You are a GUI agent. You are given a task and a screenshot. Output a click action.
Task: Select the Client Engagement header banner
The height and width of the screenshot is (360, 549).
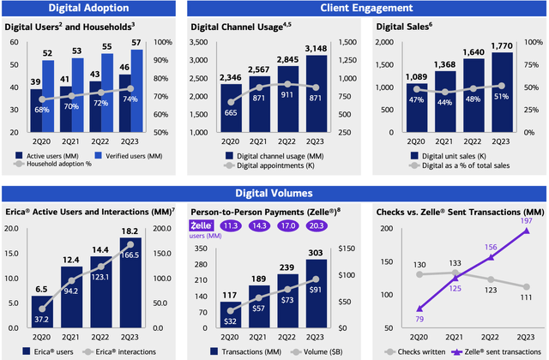point(366,8)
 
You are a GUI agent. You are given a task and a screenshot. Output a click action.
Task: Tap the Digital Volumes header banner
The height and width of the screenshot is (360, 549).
point(274,194)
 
